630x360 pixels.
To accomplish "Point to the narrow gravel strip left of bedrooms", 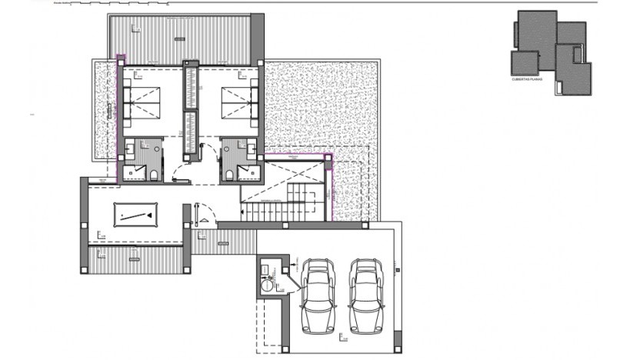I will coord(103,112).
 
